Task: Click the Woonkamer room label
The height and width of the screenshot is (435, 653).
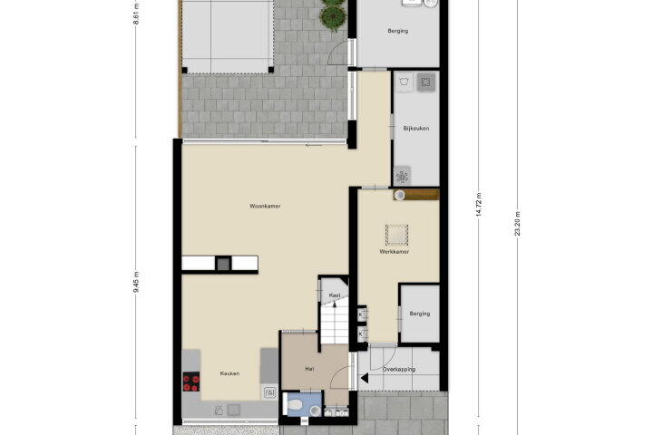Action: (265, 206)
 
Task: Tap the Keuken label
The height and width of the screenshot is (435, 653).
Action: (229, 373)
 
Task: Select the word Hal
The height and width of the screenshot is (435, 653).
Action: (309, 369)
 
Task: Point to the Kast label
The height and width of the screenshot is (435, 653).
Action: (335, 295)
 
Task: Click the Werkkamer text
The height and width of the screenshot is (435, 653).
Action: (394, 251)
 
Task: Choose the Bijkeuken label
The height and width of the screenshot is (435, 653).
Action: (416, 128)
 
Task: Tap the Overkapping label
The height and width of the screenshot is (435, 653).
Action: (399, 369)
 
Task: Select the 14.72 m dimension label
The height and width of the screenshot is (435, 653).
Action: (479, 204)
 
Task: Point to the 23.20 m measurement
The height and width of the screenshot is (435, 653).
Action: (517, 223)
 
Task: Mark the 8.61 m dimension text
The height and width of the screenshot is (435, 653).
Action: (136, 15)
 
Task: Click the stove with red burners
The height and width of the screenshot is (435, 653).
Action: (191, 382)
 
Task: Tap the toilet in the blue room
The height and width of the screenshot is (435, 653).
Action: (294, 404)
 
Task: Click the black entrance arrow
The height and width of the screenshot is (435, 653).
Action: (365, 379)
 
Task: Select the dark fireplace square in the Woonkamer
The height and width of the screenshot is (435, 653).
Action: (224, 264)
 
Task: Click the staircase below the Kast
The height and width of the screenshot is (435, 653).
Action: (334, 324)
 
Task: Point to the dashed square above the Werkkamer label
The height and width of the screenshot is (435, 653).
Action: (396, 235)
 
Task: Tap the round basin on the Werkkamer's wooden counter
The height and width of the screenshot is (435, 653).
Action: (400, 195)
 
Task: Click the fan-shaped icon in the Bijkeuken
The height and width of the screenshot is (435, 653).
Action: (403, 177)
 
